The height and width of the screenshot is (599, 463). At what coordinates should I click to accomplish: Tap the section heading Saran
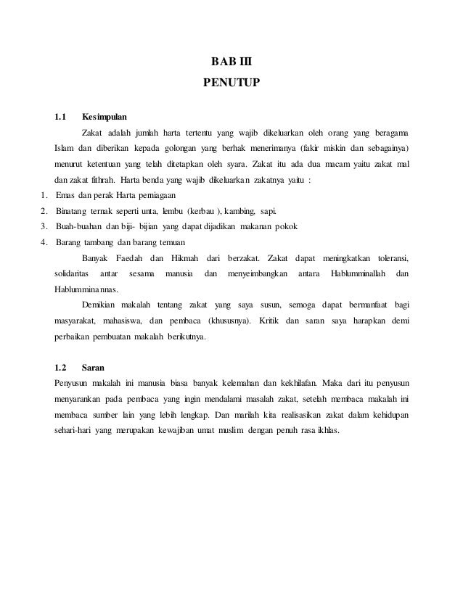coord(93,367)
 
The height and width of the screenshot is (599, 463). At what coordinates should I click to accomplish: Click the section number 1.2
coord(61,367)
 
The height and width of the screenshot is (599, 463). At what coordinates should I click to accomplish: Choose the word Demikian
coord(102,305)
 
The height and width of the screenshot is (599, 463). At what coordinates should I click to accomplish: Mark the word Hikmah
coord(183,258)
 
